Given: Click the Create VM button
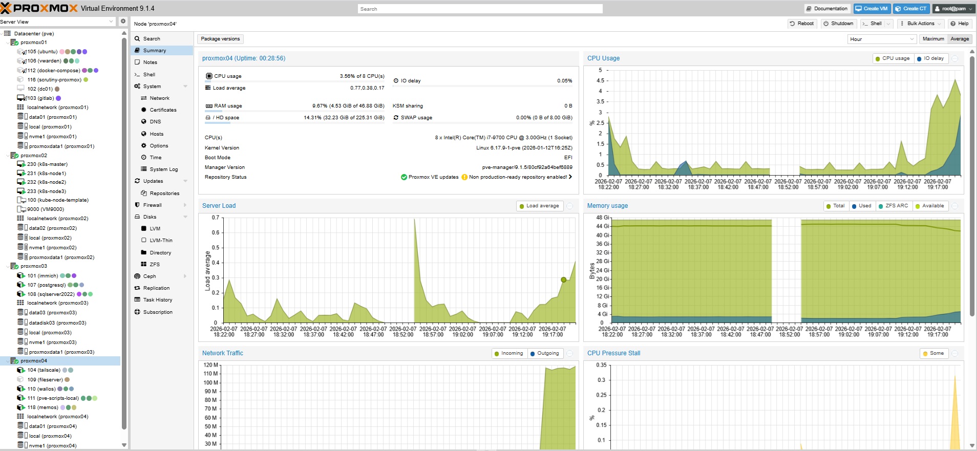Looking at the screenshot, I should [x=872, y=9].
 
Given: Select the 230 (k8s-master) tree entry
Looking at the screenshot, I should [x=47, y=164].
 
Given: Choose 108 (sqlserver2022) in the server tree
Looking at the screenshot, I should [x=51, y=294].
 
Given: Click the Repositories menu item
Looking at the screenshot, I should [x=164, y=194].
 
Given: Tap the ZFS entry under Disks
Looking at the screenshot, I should [x=155, y=265].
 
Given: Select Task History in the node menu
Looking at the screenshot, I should [x=158, y=300].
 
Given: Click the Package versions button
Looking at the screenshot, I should [x=220, y=39].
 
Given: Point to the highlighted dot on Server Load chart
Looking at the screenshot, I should [x=563, y=280].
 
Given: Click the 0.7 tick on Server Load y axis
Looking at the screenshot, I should [x=216, y=218].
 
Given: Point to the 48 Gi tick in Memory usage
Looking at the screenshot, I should [x=602, y=218].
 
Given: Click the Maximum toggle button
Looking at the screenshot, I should [x=933, y=39].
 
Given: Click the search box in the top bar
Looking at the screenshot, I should [x=480, y=9].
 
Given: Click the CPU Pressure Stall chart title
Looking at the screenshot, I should [x=613, y=353].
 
